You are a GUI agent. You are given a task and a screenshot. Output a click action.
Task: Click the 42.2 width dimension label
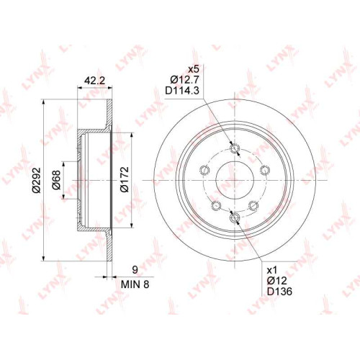[x=94, y=81]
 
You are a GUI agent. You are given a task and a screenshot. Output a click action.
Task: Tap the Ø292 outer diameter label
[x=37, y=180]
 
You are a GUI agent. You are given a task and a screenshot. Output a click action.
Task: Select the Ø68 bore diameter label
[x=56, y=180]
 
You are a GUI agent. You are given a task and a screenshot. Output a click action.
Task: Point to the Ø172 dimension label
[x=125, y=180]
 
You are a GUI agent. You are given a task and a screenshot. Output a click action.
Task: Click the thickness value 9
[x=135, y=270]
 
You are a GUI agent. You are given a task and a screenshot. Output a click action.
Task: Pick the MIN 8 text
[x=135, y=284]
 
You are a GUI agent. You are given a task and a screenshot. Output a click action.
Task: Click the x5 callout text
[x=194, y=70]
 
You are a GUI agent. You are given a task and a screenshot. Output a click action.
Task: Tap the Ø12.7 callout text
[x=184, y=80]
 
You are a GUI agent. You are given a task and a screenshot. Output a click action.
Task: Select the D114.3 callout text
[x=182, y=91]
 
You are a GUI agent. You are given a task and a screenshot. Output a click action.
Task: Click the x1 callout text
[x=272, y=271]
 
